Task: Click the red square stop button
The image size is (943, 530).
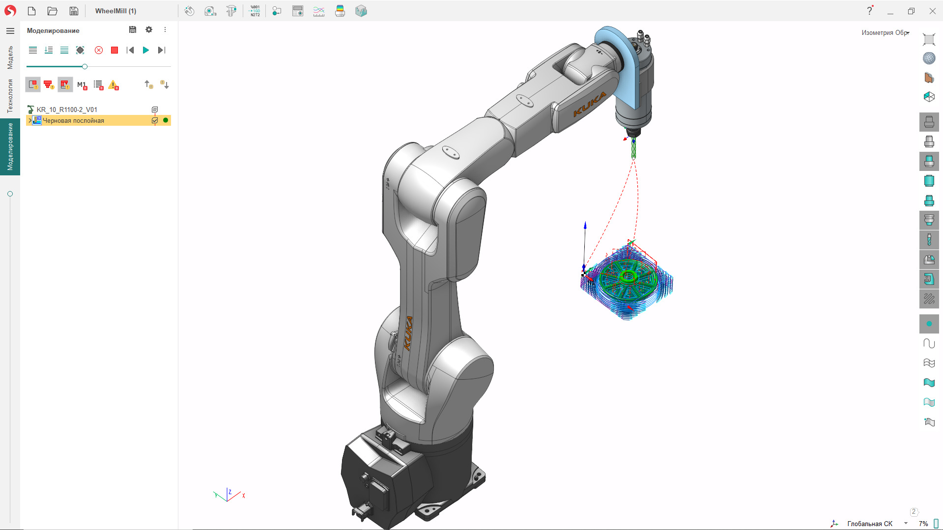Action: pos(114,50)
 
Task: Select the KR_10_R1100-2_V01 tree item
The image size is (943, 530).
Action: pos(67,110)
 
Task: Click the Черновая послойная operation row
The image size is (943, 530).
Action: pos(73,120)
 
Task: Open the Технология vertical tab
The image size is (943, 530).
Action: pos(10,96)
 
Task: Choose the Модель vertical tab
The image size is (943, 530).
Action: pos(10,57)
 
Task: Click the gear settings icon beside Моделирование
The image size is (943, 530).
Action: pos(149,30)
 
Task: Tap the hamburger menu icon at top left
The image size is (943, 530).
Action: pos(10,31)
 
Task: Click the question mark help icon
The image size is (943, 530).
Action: pos(869,11)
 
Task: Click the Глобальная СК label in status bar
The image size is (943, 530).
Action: pos(869,524)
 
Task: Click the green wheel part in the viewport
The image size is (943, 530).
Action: pos(629,278)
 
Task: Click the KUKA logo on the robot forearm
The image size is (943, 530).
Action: pos(590,105)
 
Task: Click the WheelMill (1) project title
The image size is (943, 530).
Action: pos(115,11)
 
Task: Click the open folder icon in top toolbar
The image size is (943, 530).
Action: pos(53,11)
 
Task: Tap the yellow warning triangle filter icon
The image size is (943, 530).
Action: pos(114,85)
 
